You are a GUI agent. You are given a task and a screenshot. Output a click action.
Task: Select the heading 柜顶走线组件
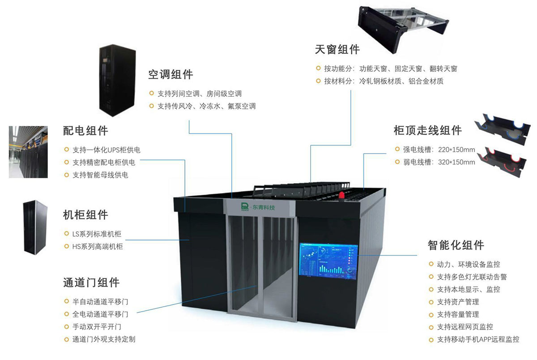[x=427, y=130]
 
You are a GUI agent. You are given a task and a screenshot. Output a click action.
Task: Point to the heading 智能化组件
[x=456, y=245]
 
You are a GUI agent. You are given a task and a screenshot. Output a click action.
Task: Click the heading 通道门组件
[x=91, y=283]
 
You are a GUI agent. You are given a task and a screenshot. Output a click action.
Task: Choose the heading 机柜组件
[x=85, y=214]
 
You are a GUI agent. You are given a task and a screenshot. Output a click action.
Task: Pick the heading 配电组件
[x=85, y=130]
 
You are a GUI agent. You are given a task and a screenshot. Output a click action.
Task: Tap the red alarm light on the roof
[x=342, y=195]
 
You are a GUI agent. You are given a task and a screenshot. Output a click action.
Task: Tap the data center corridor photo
[x=28, y=152]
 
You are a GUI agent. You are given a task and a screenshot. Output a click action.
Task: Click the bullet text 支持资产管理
[x=458, y=302]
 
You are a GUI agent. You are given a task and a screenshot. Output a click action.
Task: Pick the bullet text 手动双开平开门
[x=97, y=327]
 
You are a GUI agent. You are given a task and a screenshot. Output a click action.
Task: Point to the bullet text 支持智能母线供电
[x=100, y=175]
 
